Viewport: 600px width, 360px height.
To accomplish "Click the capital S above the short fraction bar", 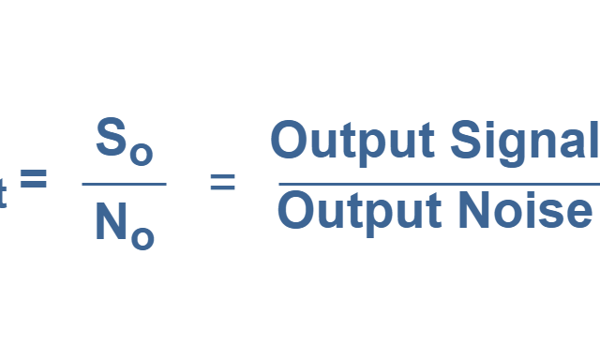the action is click(111, 139).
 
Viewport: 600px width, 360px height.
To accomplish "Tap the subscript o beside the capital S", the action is click(140, 153).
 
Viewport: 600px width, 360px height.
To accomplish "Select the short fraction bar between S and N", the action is click(123, 184).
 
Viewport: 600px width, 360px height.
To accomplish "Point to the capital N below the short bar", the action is click(111, 223).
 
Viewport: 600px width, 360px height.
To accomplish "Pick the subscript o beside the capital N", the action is click(142, 238).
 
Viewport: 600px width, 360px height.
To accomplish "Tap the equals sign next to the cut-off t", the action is click(34, 179).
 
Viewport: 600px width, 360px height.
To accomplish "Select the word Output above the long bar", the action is click(352, 141).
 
